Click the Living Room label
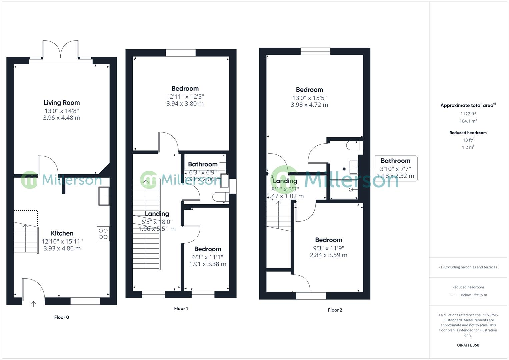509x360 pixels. tap(62, 103)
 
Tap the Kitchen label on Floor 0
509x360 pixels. tap(62, 233)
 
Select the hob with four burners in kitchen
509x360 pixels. tap(103, 233)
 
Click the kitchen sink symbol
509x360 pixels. tap(104, 196)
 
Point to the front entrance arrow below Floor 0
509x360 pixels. tap(33, 304)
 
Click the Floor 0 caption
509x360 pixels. tap(62, 317)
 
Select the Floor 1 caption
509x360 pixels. tap(181, 309)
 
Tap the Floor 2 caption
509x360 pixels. tap(335, 310)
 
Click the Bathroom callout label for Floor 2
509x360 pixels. tap(395, 161)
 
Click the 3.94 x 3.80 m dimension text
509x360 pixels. tap(185, 104)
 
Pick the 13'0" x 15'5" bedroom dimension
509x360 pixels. tap(309, 98)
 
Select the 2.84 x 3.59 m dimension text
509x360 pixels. tap(329, 255)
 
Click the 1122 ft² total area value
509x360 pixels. tap(468, 114)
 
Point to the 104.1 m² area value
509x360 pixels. tap(468, 121)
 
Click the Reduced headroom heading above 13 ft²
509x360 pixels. tap(468, 133)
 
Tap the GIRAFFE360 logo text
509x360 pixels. tap(468, 345)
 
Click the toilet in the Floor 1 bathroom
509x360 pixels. tap(220, 197)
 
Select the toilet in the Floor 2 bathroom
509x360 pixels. tap(354, 146)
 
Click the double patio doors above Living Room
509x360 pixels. tap(61, 50)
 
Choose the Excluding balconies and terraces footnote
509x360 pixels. tap(468, 267)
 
